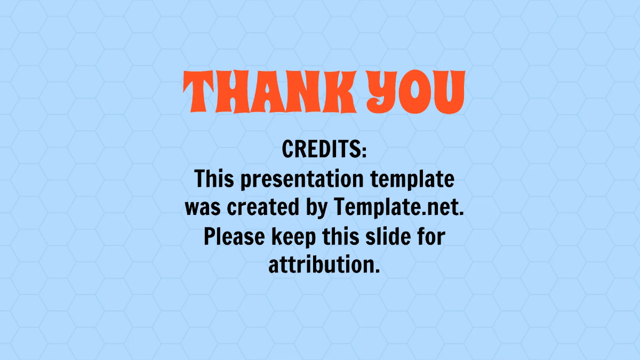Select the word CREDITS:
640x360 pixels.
(324, 150)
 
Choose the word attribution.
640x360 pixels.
(324, 265)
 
